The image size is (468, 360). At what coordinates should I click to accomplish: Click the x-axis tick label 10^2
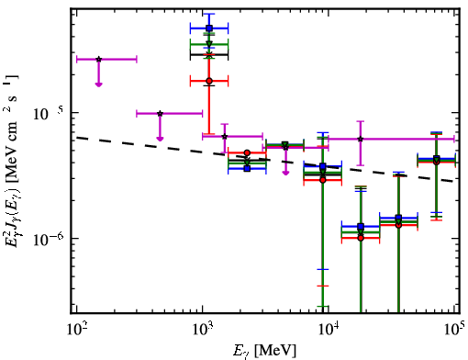click(76, 331)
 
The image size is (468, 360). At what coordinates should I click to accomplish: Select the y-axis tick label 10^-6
click(48, 239)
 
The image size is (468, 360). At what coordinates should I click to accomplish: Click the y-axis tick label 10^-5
click(48, 114)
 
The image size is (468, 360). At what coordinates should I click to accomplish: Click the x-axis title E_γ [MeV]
click(264, 351)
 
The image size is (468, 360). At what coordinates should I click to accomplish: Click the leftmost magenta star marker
click(98, 59)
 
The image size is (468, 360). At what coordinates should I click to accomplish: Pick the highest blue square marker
click(209, 28)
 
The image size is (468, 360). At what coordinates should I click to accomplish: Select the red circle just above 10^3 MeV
click(209, 81)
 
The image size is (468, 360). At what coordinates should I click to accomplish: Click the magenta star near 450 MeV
click(160, 114)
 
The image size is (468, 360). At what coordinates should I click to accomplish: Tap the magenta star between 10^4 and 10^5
click(361, 139)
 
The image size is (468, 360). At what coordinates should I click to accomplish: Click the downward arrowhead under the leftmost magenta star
click(98, 84)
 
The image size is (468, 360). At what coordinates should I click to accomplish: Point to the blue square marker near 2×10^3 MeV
click(247, 168)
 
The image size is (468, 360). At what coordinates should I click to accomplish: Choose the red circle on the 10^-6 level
click(361, 238)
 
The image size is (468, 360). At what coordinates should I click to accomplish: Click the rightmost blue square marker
click(437, 159)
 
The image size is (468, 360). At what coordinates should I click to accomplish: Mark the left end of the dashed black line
click(76, 138)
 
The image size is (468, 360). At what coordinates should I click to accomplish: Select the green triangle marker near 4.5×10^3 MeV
click(285, 144)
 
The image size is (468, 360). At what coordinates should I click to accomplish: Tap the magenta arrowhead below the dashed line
click(285, 173)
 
